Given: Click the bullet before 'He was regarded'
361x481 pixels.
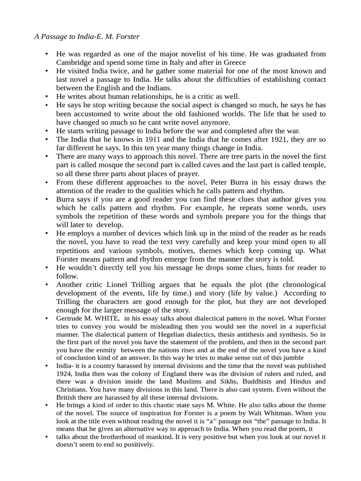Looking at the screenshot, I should click(x=47, y=54).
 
